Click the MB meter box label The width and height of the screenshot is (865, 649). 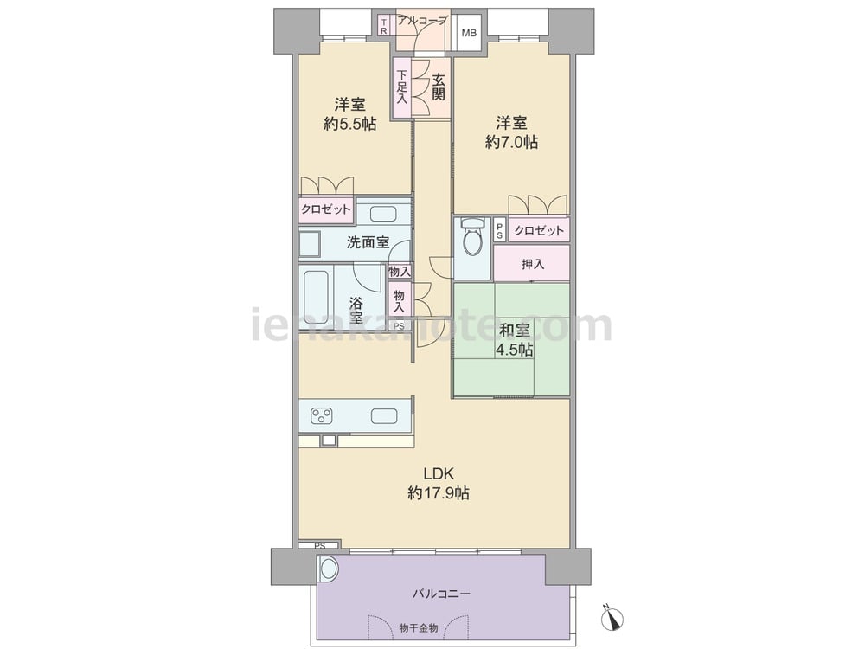(469, 33)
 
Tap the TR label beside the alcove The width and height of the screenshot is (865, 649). (384, 27)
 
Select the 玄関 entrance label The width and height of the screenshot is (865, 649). (438, 87)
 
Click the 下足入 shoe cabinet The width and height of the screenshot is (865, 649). (402, 87)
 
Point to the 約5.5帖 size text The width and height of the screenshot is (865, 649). (350, 124)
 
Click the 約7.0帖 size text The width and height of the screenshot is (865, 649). (511, 143)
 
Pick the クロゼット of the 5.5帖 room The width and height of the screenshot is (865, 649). (325, 209)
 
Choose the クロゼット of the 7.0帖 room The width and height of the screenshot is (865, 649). (539, 230)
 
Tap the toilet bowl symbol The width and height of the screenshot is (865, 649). (471, 237)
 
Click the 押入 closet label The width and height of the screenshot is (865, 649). (533, 264)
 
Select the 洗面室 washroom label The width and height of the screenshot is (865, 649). (368, 242)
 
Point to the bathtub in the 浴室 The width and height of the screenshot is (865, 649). (316, 297)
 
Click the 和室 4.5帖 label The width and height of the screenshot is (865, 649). (514, 340)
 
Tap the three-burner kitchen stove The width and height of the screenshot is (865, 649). (322, 415)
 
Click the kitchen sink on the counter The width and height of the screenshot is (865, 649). (385, 415)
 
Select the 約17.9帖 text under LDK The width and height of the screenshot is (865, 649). (439, 493)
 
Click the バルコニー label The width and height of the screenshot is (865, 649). (441, 594)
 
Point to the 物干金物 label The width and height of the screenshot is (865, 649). (419, 627)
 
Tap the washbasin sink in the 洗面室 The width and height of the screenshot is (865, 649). (381, 213)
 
